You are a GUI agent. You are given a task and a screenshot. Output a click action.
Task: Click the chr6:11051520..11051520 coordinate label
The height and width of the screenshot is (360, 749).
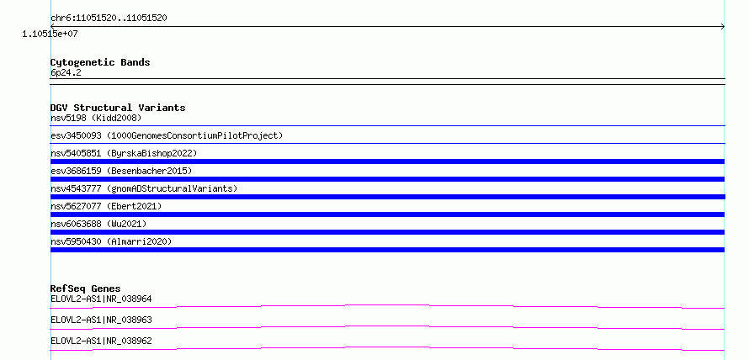pos(109,19)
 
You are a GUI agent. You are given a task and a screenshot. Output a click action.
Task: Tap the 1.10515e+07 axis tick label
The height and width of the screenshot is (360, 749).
pos(50,34)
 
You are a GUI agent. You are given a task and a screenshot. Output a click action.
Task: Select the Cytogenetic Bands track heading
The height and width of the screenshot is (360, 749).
pos(100,62)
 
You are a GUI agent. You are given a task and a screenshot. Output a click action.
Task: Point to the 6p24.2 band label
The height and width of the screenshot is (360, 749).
pos(66,72)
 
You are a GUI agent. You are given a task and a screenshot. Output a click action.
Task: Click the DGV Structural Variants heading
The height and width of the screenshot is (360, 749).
pos(118,108)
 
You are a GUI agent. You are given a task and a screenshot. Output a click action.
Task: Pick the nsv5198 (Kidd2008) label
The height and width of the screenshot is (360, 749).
pos(96,118)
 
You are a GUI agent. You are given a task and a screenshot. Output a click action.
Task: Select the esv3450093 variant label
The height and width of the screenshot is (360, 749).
pos(167,135)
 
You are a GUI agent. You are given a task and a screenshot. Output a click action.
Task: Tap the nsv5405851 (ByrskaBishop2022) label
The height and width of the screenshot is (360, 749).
pos(124,153)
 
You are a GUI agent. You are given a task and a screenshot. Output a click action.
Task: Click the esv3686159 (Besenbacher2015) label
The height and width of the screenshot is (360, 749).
pos(121,171)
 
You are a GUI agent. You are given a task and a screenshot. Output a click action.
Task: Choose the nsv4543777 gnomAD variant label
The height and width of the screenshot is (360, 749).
pos(144,188)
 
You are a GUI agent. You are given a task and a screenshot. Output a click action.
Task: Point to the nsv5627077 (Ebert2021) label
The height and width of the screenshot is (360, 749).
pos(106,206)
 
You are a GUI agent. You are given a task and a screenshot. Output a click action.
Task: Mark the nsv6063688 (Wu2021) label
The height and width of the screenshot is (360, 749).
pos(98,224)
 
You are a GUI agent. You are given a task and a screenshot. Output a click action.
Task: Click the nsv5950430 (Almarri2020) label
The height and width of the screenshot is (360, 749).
pos(111,241)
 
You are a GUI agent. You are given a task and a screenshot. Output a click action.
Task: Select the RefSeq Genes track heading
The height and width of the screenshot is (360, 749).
pos(86,289)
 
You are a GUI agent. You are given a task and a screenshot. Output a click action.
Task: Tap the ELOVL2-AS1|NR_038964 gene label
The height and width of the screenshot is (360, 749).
pos(101,299)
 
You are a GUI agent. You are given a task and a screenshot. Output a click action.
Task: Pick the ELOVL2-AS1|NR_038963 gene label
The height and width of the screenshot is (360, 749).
pos(101,320)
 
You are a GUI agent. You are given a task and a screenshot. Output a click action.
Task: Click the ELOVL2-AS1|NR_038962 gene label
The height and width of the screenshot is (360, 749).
pos(101,341)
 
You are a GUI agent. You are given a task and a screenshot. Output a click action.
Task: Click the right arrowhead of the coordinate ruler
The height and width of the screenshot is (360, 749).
pos(723,27)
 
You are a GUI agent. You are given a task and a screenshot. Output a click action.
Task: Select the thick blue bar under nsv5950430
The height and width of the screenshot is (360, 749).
pos(387,250)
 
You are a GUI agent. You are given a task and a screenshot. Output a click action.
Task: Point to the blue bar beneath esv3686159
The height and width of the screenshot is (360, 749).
pos(387,179)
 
